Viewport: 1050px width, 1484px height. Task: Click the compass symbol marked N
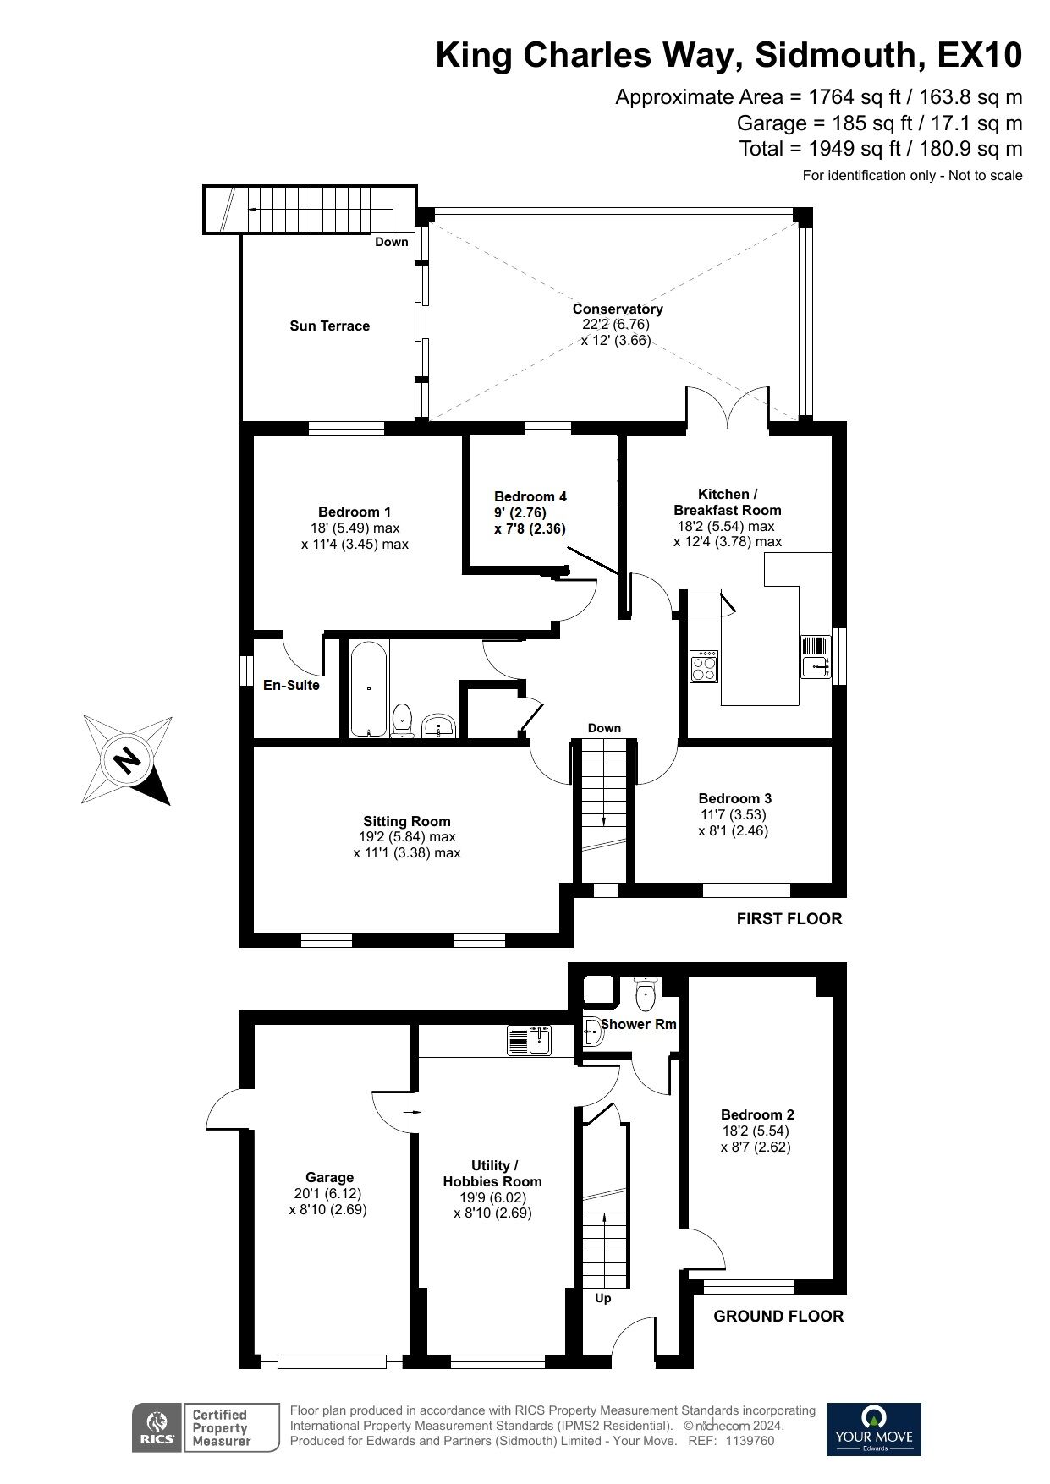[127, 759]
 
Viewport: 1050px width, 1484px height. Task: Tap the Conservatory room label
[617, 309]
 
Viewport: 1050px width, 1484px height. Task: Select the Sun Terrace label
[329, 326]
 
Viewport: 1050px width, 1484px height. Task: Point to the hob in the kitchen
[704, 666]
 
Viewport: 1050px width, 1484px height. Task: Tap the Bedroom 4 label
[530, 497]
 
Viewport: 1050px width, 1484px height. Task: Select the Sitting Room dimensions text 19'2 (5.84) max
[406, 837]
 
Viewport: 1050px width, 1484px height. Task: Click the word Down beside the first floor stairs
[604, 728]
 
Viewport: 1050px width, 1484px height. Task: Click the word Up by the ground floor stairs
[602, 1298]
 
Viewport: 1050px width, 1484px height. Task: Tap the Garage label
[329, 1177]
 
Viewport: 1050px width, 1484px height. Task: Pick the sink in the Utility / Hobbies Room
[530, 1041]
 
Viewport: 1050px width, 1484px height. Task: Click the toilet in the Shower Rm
[646, 994]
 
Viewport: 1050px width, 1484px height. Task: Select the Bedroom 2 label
[756, 1114]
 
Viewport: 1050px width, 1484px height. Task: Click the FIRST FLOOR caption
[789, 918]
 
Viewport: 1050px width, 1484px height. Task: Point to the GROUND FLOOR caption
[778, 1316]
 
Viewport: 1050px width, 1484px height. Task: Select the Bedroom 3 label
[734, 798]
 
